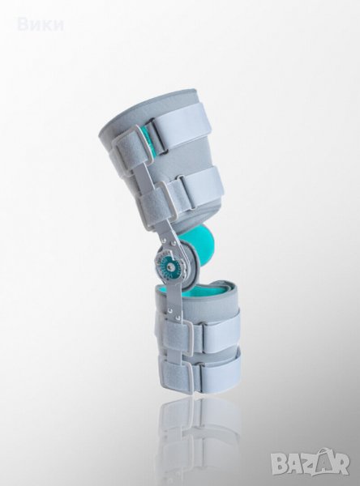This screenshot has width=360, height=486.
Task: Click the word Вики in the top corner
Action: (x=41, y=25)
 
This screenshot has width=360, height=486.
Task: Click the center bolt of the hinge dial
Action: (x=169, y=258)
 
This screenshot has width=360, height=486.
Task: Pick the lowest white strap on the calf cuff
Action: (x=221, y=371)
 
